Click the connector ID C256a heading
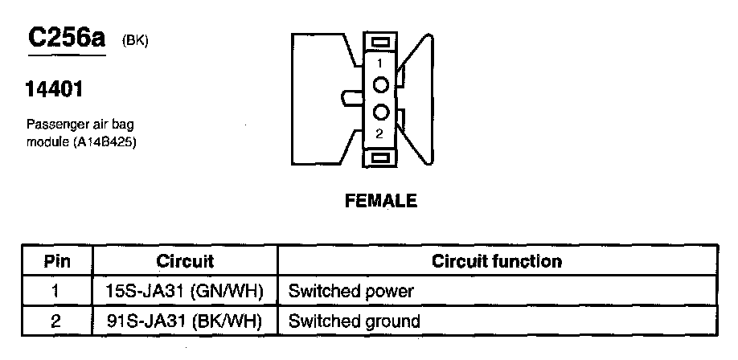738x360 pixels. point(68,38)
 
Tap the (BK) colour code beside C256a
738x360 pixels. point(134,41)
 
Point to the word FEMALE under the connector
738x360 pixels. point(381,201)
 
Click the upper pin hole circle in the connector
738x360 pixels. point(381,84)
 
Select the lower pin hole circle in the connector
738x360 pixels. point(381,112)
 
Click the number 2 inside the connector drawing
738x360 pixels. point(380,132)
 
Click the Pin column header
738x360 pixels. point(57,261)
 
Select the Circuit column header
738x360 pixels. point(185,261)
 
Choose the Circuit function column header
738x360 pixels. point(496,261)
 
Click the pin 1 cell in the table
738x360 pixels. point(55,291)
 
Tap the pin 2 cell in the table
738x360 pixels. point(55,321)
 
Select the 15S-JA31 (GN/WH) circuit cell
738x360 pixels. point(185,291)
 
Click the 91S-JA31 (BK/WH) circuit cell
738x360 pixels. point(185,321)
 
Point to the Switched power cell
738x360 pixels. point(351,291)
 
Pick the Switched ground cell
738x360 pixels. point(354,321)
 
